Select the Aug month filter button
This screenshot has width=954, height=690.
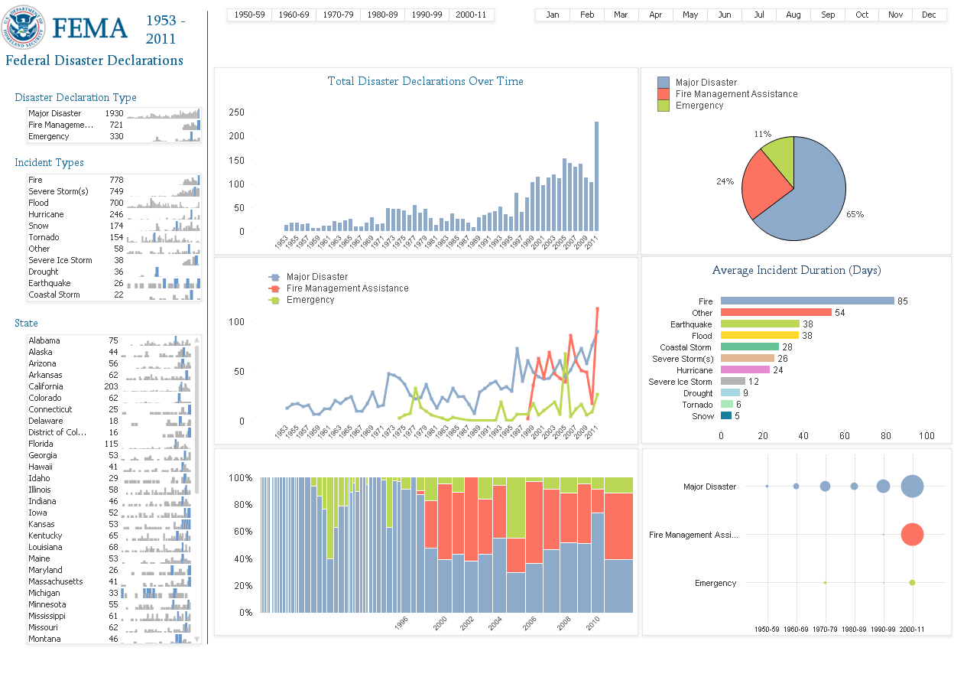[793, 15]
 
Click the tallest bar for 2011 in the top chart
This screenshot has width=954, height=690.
[596, 176]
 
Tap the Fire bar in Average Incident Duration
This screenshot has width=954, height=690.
[806, 301]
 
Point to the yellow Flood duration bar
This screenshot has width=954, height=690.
[759, 335]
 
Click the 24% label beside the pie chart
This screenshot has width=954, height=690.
[725, 181]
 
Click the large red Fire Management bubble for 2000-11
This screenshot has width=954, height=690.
[912, 534]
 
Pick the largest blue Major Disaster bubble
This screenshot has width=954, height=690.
[912, 487]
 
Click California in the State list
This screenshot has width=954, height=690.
[46, 386]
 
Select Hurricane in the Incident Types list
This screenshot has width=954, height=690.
[46, 214]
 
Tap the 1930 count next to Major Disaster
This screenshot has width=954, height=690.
[114, 113]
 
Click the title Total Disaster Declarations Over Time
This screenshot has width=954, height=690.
[425, 81]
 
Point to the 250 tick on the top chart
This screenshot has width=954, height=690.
[236, 112]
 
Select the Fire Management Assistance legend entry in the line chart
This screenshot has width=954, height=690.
[347, 288]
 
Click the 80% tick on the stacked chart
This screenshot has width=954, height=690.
[241, 504]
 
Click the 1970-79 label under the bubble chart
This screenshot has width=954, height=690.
[825, 629]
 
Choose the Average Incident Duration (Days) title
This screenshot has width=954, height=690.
[796, 270]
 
